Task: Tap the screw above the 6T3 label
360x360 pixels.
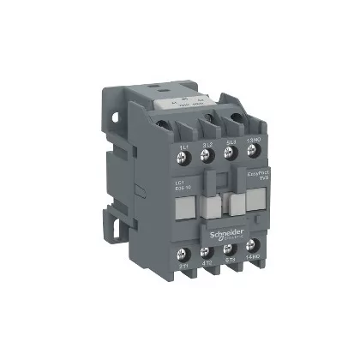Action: pyautogui.click(x=230, y=256)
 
